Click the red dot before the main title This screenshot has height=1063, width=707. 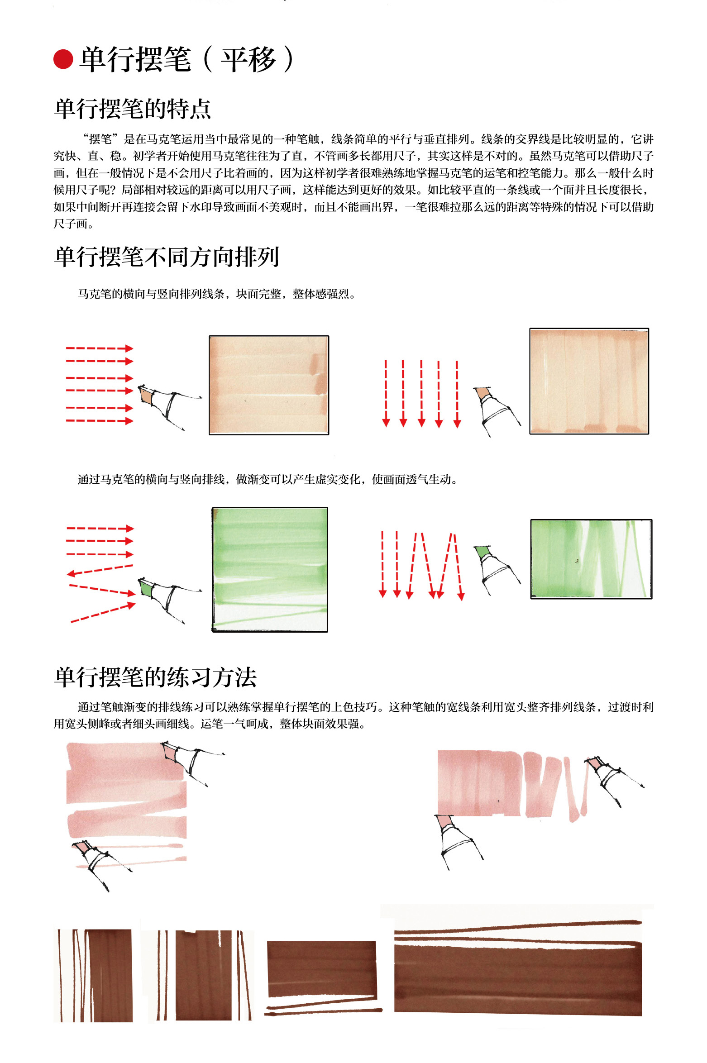[x=63, y=59]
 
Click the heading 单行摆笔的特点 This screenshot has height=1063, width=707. [x=133, y=109]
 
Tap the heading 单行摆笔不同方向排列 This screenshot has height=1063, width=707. [x=167, y=257]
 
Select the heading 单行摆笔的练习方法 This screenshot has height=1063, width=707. [x=155, y=677]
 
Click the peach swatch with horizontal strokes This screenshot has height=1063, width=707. [x=269, y=385]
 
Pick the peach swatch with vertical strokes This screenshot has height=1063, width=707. [x=589, y=381]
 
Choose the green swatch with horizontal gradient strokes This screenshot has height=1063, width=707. [x=270, y=569]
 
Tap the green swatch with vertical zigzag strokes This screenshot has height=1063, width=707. [x=591, y=559]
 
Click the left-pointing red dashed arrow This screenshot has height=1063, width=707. [x=100, y=570]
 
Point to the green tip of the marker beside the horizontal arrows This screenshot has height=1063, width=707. [x=146, y=589]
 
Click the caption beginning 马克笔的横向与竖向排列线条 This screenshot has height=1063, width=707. [x=217, y=294]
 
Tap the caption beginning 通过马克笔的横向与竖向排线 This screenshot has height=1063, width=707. [x=268, y=479]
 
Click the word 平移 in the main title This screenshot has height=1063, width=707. [x=248, y=60]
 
